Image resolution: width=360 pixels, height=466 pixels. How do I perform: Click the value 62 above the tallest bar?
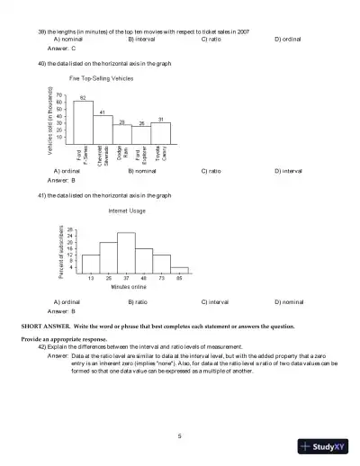click(83, 96)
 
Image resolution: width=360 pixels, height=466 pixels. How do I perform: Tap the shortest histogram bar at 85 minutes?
click(179, 269)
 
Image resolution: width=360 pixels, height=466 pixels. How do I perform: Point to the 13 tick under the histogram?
click(91, 278)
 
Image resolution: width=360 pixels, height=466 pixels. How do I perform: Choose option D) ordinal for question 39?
click(289, 40)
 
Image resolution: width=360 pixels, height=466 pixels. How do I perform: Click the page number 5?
click(180, 435)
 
